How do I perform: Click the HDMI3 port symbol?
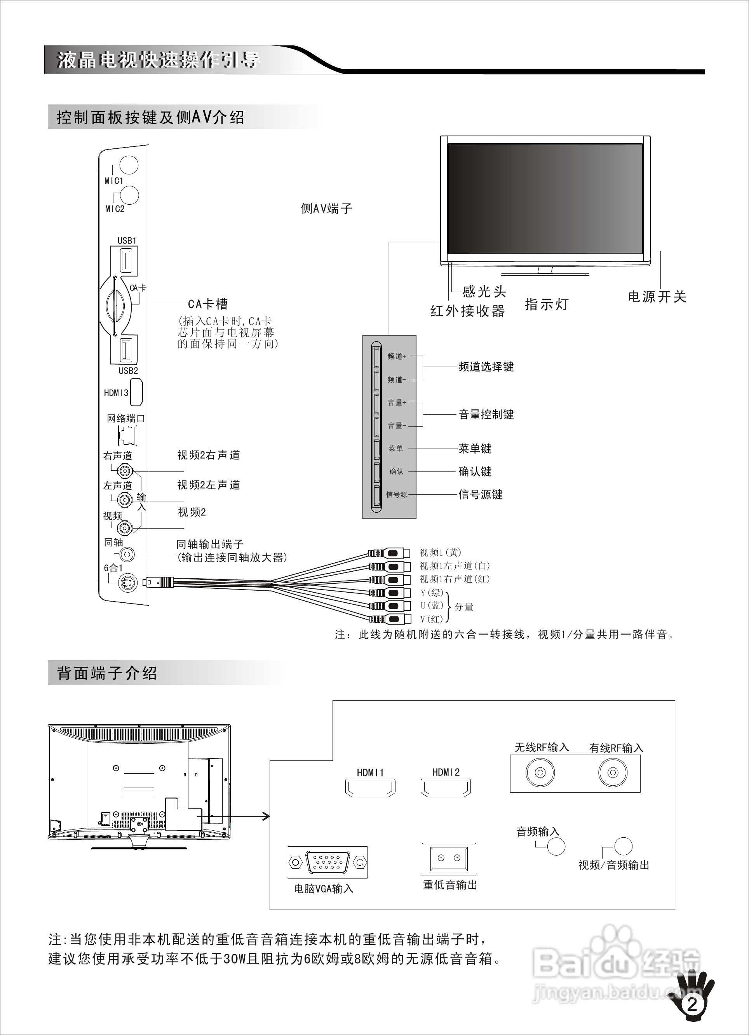coord(136,393)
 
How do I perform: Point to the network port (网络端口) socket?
coord(127,435)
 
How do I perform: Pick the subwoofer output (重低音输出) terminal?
coord(449,859)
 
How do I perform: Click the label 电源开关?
coord(657,297)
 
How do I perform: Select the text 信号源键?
coord(480,494)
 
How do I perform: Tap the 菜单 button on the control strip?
coord(376,449)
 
